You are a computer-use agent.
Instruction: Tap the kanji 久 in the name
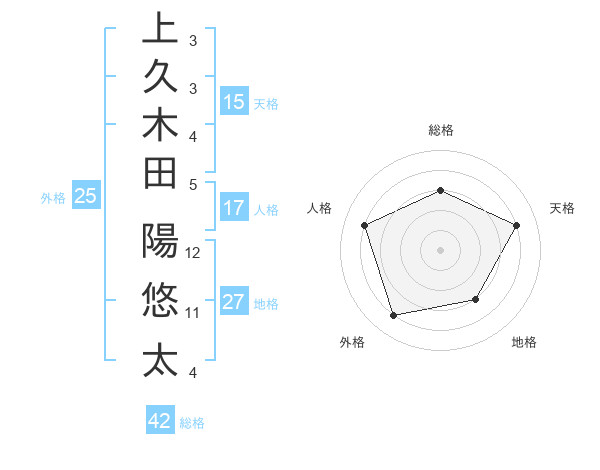tap(160, 77)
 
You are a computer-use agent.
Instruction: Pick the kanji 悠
tap(160, 300)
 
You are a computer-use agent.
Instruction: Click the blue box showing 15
tap(234, 101)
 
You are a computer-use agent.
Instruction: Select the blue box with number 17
tap(234, 209)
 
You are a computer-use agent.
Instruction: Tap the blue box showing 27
tap(234, 303)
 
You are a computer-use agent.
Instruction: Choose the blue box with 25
tap(86, 197)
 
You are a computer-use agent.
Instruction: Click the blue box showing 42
tap(160, 421)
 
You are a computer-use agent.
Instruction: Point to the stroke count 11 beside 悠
tap(193, 312)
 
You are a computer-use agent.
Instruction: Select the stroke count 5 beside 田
tap(192, 184)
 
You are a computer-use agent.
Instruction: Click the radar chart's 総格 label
tap(440, 130)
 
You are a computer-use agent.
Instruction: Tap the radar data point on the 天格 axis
tap(517, 225)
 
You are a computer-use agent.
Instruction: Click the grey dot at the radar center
tap(440, 250)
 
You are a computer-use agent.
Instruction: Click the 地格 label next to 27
tap(266, 304)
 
